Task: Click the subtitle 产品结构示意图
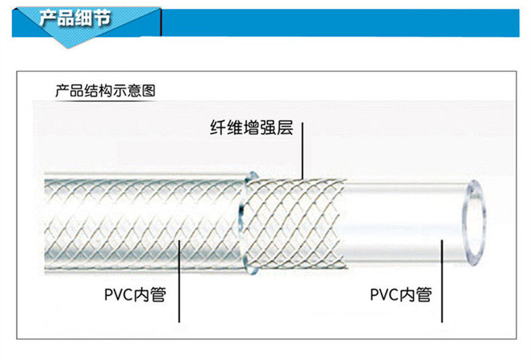105,91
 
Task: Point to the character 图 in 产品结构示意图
149,91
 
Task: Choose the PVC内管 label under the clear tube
401,294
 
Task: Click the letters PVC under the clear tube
384,294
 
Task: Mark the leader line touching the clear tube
441,282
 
